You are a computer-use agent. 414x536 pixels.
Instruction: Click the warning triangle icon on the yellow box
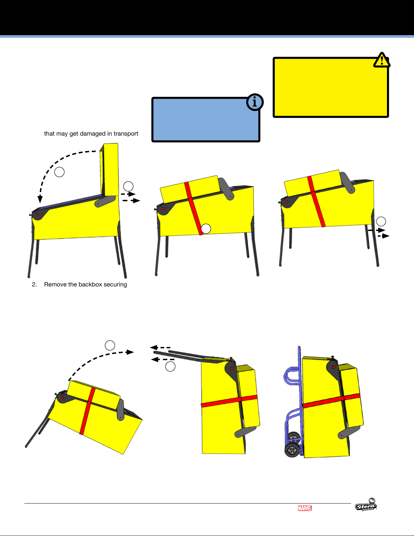382,60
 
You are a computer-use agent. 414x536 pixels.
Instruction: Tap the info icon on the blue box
255,102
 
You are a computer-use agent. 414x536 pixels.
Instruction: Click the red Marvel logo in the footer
305,508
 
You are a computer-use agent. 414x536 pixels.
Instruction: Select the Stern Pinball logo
366,505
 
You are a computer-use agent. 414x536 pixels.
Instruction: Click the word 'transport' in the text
126,134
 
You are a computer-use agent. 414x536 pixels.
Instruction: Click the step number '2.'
34,284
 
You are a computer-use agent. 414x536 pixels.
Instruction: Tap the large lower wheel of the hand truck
292,450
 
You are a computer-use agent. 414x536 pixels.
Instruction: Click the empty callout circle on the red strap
206,229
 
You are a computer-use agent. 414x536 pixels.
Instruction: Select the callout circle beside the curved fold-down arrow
59,172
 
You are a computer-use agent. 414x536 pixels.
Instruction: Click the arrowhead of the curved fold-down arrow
40,199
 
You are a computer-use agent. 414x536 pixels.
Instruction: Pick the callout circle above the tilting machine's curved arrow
110,345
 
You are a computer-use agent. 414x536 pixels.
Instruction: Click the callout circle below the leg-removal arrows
170,367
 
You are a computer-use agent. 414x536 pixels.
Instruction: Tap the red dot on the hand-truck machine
334,367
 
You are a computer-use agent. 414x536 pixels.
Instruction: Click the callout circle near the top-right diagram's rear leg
381,221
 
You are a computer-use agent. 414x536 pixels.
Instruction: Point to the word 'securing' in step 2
115,285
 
